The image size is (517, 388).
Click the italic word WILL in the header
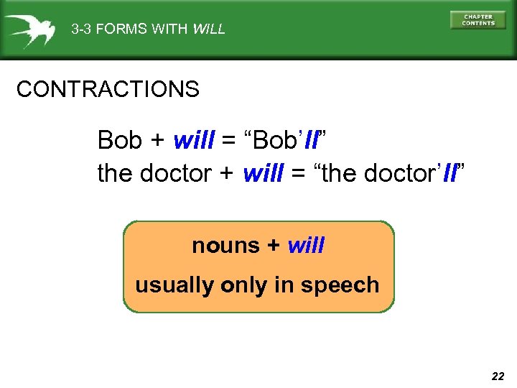[x=209, y=29]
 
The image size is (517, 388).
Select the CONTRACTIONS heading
[x=108, y=90]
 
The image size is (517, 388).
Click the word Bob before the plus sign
[x=120, y=140]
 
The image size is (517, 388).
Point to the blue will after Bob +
[x=194, y=140]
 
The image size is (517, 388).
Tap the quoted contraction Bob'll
[x=287, y=139]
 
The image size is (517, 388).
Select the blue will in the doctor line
[x=264, y=174]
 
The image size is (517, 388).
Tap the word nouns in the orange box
[x=225, y=246]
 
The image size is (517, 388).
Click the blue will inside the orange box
[x=306, y=246]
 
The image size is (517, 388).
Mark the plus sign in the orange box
[x=274, y=246]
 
